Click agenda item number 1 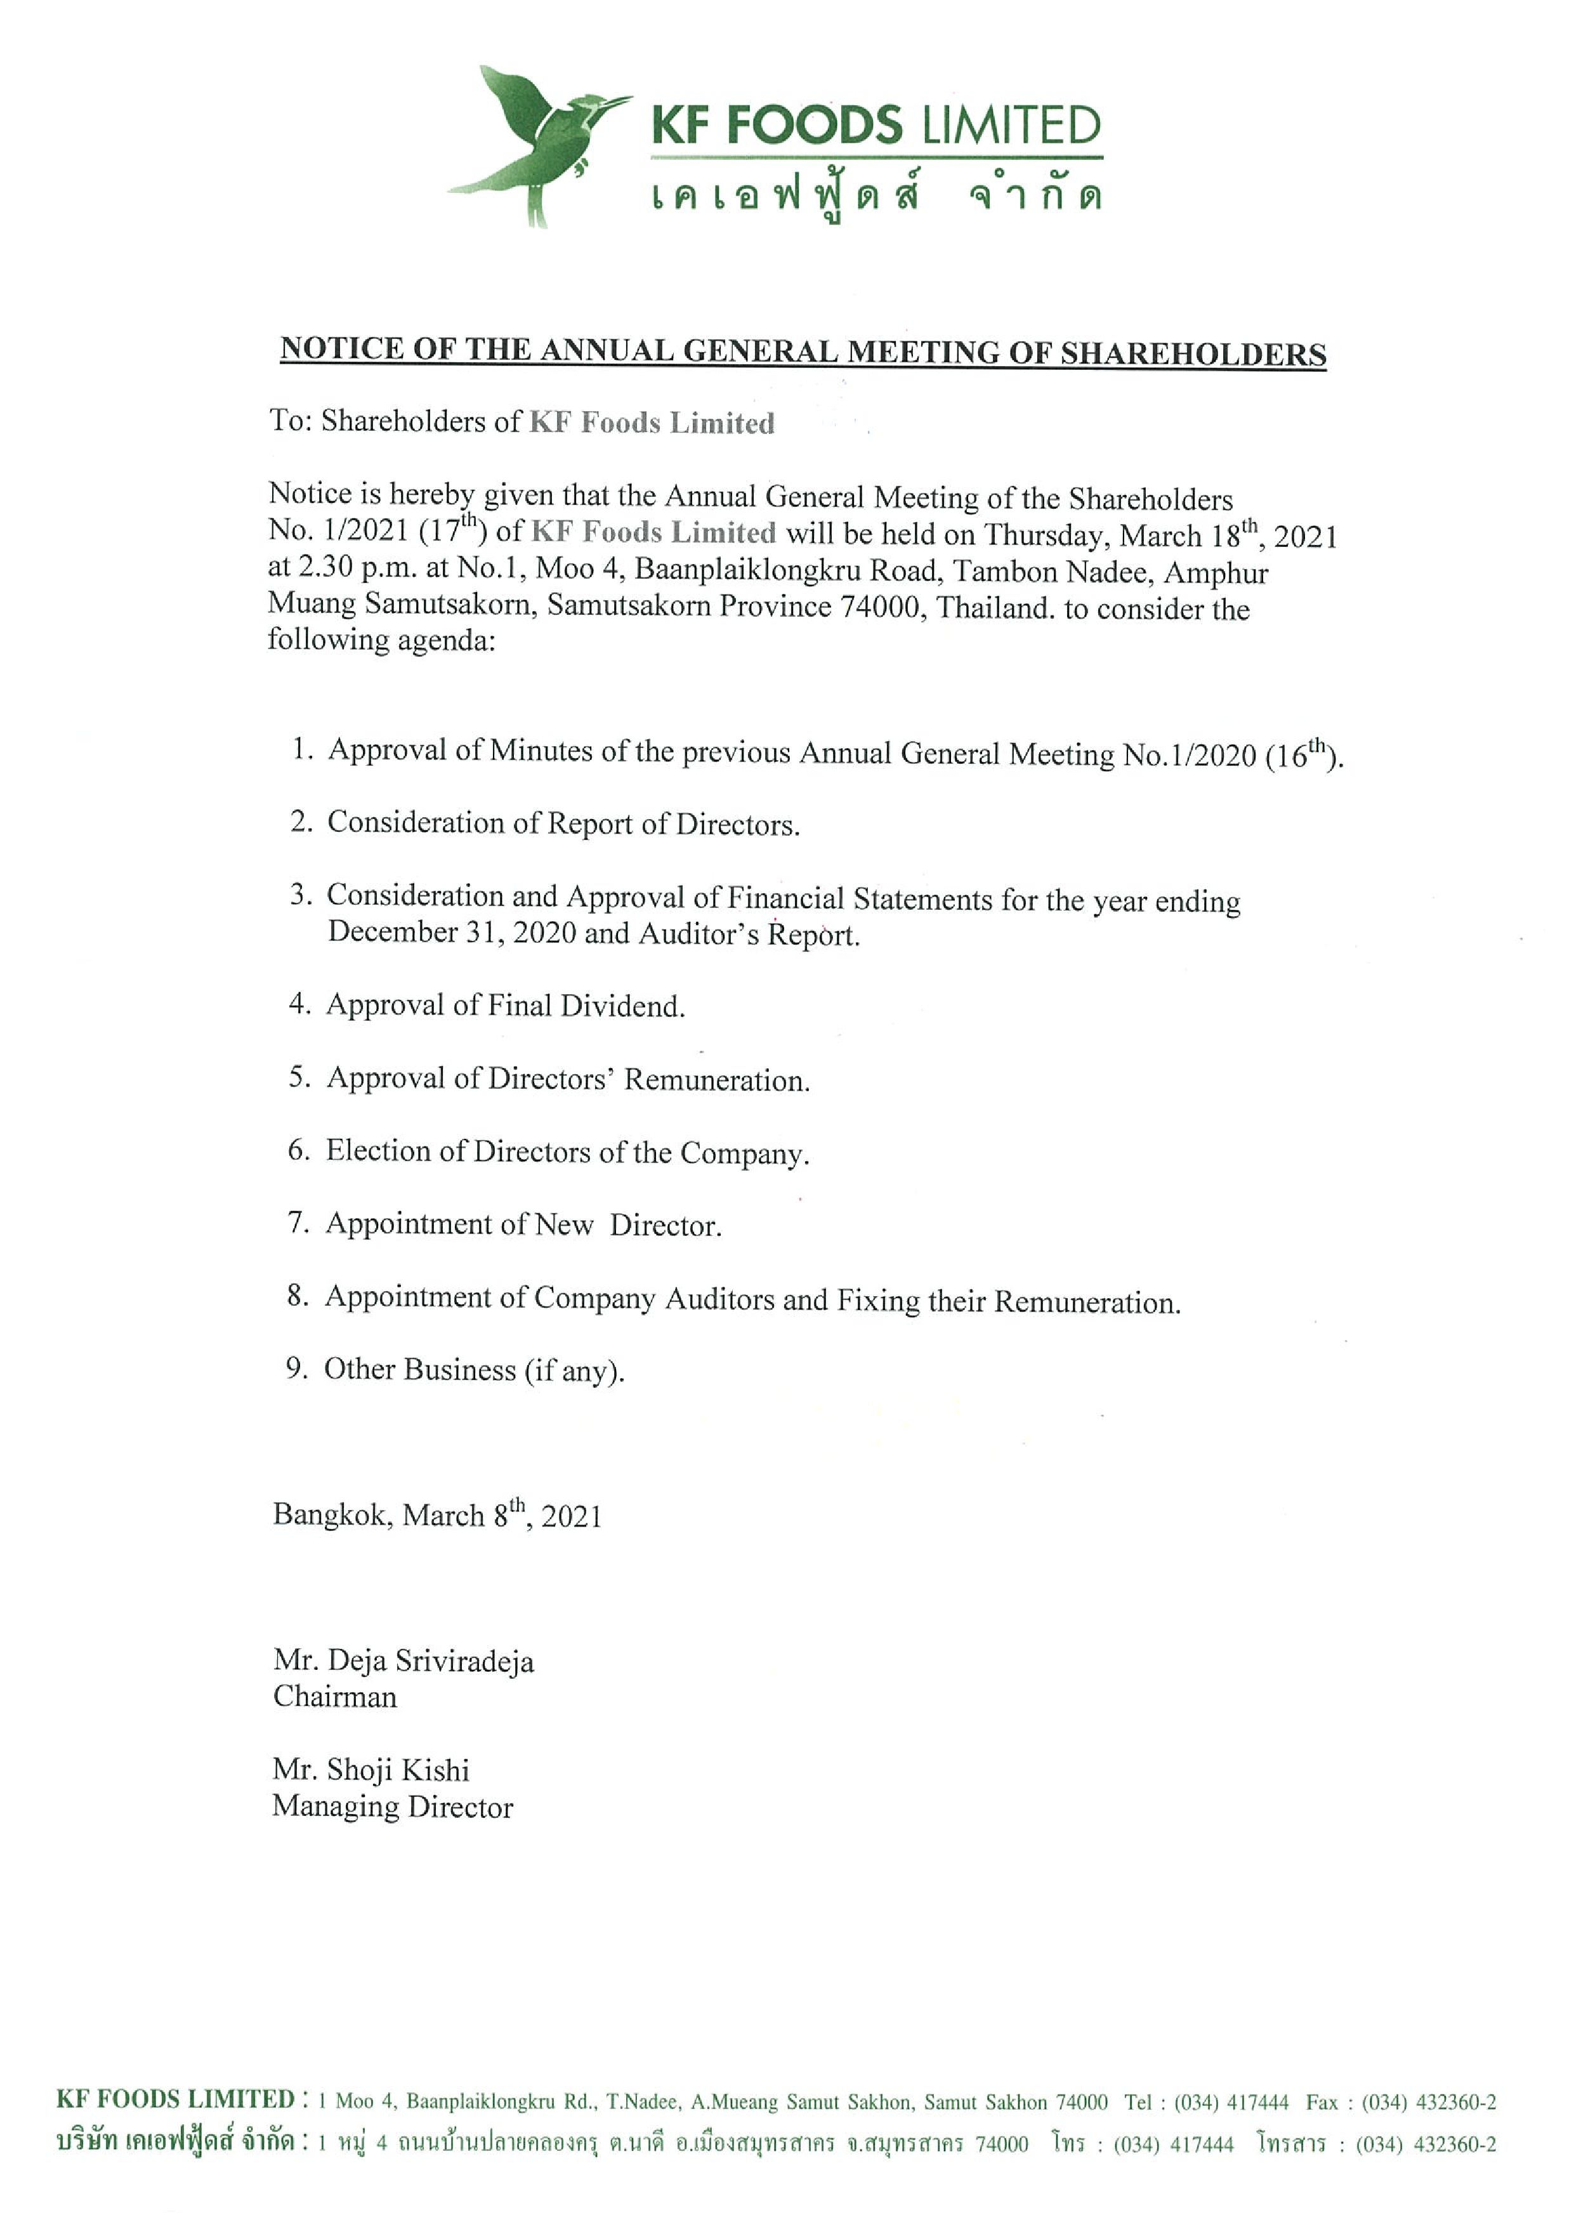point(301,749)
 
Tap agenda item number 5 point(299,1077)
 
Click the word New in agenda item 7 point(563,1224)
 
